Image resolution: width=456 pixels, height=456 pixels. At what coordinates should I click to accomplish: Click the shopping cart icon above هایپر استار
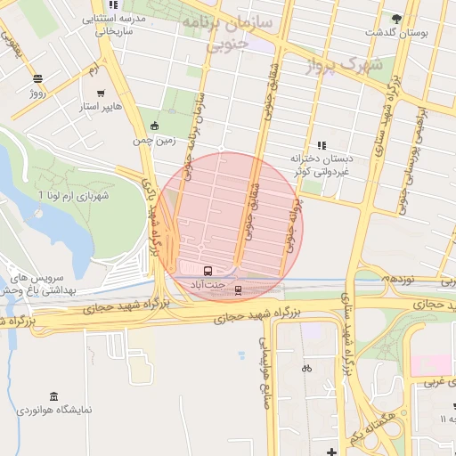click(x=101, y=93)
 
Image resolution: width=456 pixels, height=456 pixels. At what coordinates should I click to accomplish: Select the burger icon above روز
click(x=37, y=77)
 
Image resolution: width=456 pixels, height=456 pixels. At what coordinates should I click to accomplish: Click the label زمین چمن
click(x=149, y=141)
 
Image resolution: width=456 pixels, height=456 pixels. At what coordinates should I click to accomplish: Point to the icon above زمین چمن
click(x=156, y=126)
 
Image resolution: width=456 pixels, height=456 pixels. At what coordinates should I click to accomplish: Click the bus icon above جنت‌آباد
click(x=208, y=271)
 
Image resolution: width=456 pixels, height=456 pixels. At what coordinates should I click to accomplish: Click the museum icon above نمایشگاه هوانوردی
click(x=54, y=396)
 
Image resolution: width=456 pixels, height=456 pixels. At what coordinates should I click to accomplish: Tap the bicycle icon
click(x=306, y=368)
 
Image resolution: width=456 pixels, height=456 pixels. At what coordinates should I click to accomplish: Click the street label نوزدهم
click(x=395, y=279)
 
